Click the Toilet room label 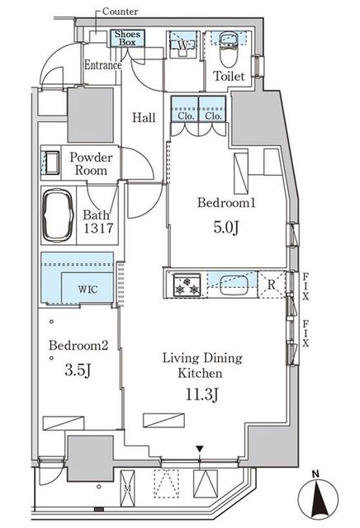click(229, 76)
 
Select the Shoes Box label click(127, 38)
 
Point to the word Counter click(120, 12)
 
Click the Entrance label click(103, 65)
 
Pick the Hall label click(144, 117)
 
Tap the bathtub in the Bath click(58, 214)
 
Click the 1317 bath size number click(98, 229)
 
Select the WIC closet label click(88, 290)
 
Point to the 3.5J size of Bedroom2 click(78, 370)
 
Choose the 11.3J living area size click(202, 394)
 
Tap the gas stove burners click(187, 285)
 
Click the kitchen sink click(234, 285)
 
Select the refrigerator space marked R click(272, 285)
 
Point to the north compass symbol click(318, 497)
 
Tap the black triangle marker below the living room click(200, 449)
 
